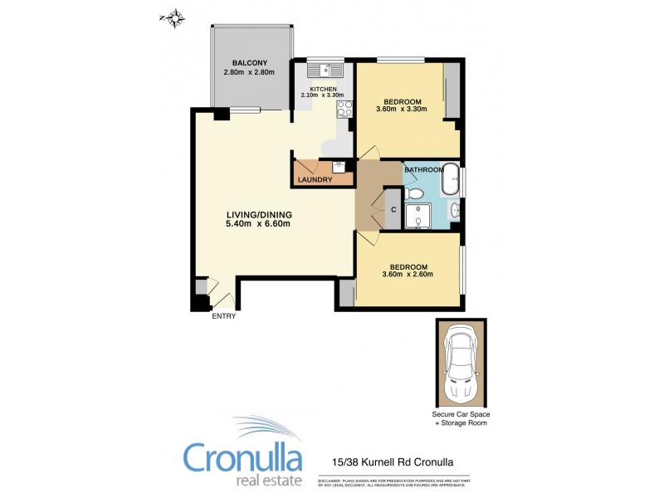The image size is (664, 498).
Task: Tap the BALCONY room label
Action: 249,63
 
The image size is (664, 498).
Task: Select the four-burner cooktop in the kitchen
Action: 344,107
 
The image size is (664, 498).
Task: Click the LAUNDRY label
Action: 315,180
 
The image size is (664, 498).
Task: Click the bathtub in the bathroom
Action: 450,178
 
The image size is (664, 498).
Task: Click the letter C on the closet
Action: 394,209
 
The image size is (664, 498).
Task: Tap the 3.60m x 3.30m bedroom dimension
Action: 401,109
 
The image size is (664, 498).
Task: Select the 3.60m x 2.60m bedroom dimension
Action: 408,275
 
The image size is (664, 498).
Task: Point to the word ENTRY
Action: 224,316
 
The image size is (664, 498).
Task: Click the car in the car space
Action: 461,362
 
